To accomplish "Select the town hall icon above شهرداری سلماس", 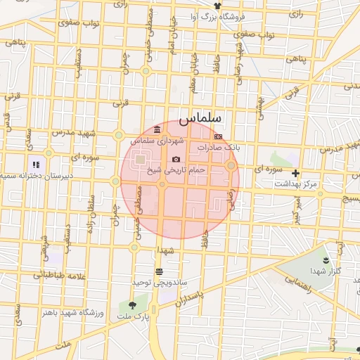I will click(x=156, y=130).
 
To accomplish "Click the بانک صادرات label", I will click(x=219, y=148).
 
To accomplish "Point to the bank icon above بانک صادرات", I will click(x=218, y=136).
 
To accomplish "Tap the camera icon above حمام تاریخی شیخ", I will click(x=176, y=160).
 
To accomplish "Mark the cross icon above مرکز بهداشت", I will click(x=295, y=173).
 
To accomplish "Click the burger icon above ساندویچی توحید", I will click(x=160, y=271).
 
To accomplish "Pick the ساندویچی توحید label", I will click(x=160, y=281).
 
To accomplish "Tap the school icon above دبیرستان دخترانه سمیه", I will click(x=37, y=165).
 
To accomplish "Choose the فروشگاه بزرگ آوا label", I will click(x=236, y=15).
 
